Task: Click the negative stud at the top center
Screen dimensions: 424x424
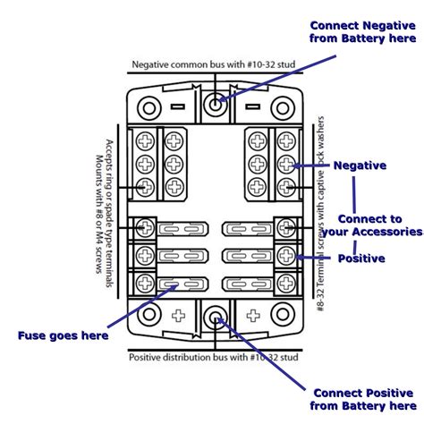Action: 215,105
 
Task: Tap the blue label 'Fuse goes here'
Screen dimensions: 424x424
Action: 64,335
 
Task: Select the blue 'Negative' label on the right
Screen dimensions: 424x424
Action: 359,165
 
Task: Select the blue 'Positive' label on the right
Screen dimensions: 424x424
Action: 360,259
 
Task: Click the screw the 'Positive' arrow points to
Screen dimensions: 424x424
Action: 286,257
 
